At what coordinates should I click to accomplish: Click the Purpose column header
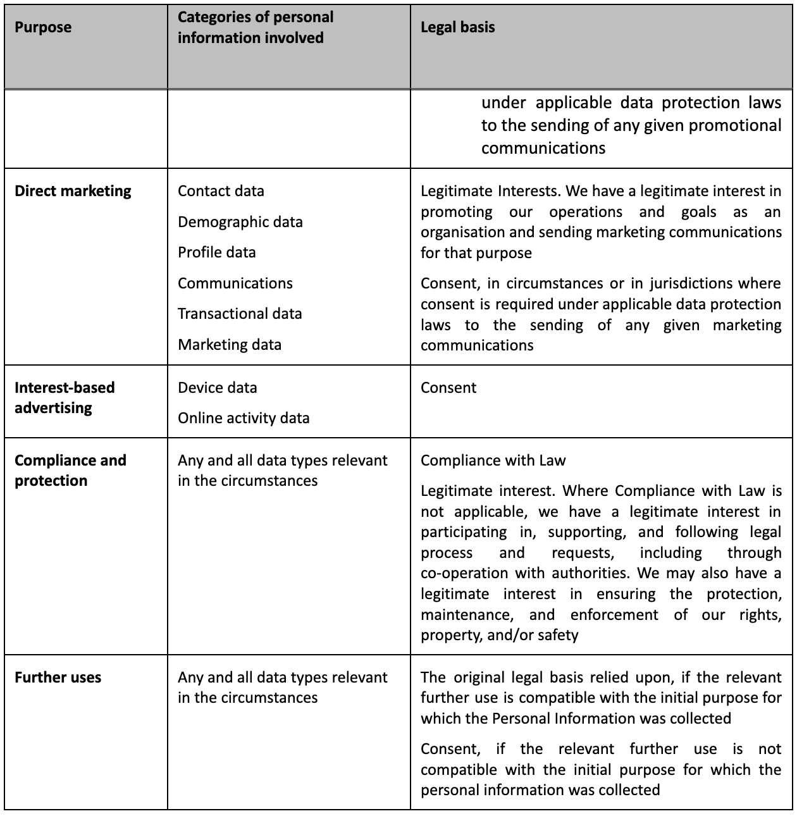tap(43, 27)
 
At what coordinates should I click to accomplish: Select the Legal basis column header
tap(457, 27)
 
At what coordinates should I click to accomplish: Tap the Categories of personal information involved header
tap(256, 27)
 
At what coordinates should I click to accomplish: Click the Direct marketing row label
tap(73, 191)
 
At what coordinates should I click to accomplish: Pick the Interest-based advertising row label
tap(65, 397)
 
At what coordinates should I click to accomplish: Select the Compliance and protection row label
tap(70, 470)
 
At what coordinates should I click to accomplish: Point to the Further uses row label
tap(58, 677)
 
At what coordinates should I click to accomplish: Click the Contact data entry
tap(221, 191)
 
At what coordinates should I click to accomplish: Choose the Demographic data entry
tap(240, 222)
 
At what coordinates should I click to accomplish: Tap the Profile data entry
tap(216, 252)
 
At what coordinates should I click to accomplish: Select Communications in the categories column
tap(235, 283)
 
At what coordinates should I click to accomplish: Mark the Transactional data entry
tap(240, 314)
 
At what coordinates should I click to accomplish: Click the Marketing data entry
tap(229, 345)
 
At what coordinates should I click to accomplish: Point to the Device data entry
tap(217, 388)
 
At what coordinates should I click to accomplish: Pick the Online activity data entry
tap(244, 418)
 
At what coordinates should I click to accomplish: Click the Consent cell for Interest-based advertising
tap(448, 388)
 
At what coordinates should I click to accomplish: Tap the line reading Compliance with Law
tap(493, 461)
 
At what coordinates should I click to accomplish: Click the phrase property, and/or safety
tap(499, 634)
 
